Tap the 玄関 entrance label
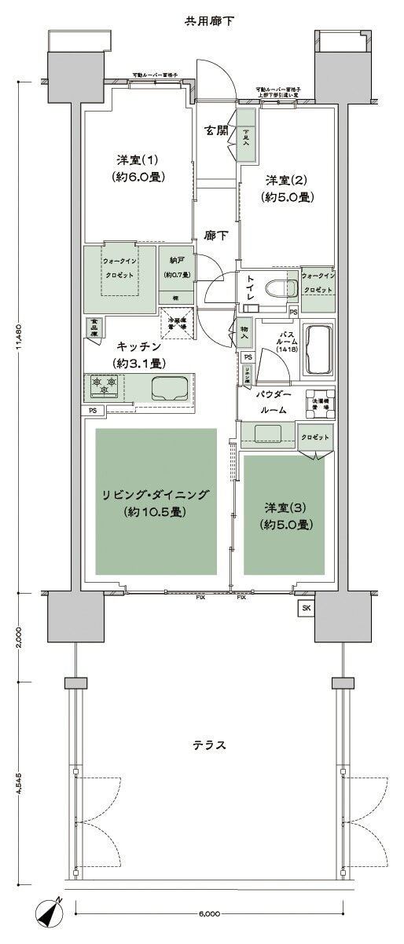(215, 130)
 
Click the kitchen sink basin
(171, 386)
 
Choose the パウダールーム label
(272, 401)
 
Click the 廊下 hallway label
(215, 234)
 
